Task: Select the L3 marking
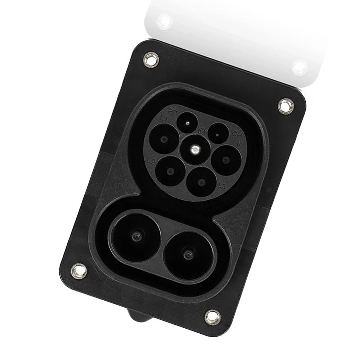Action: (x=222, y=186)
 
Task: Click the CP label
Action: (x=236, y=135)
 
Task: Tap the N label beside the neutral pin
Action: (x=239, y=144)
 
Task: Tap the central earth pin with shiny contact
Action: (x=195, y=149)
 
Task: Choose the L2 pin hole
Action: (x=170, y=171)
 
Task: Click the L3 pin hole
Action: (x=202, y=182)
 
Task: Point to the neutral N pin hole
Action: (x=226, y=160)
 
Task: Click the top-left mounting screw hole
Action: (x=151, y=59)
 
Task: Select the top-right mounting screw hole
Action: (x=286, y=106)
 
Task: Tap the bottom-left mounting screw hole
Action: (x=79, y=271)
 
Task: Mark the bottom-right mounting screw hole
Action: (x=213, y=317)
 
